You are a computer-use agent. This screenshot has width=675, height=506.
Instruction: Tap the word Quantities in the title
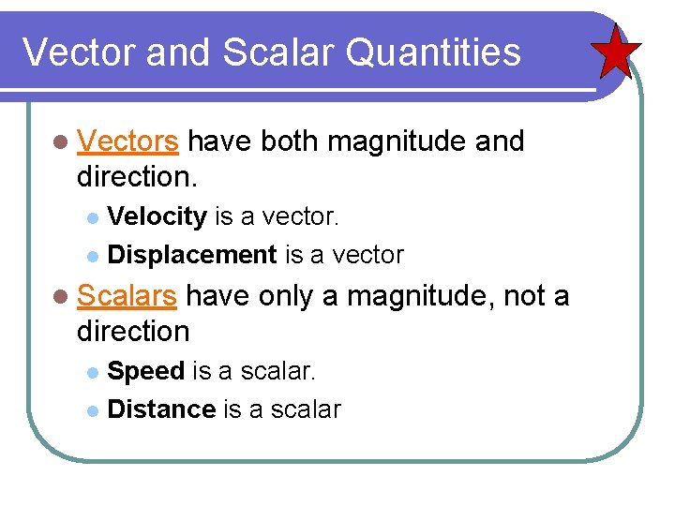pos(433,52)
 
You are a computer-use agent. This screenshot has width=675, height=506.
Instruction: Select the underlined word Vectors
pos(128,141)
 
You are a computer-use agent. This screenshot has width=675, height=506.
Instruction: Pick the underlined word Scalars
pos(127,296)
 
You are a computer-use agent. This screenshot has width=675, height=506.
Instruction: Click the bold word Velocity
pos(157,216)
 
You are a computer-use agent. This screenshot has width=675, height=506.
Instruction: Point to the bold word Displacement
pos(192,254)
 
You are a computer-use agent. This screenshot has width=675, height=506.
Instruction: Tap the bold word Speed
pos(146,371)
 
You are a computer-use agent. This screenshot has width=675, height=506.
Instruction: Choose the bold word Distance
pos(162,409)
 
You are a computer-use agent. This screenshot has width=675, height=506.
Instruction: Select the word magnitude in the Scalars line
pos(421,296)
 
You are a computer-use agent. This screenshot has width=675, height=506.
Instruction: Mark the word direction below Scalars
pos(133,330)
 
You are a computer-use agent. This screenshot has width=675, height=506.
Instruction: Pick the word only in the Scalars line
pos(285,296)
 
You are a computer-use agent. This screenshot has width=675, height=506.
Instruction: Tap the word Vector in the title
pos(77,52)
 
